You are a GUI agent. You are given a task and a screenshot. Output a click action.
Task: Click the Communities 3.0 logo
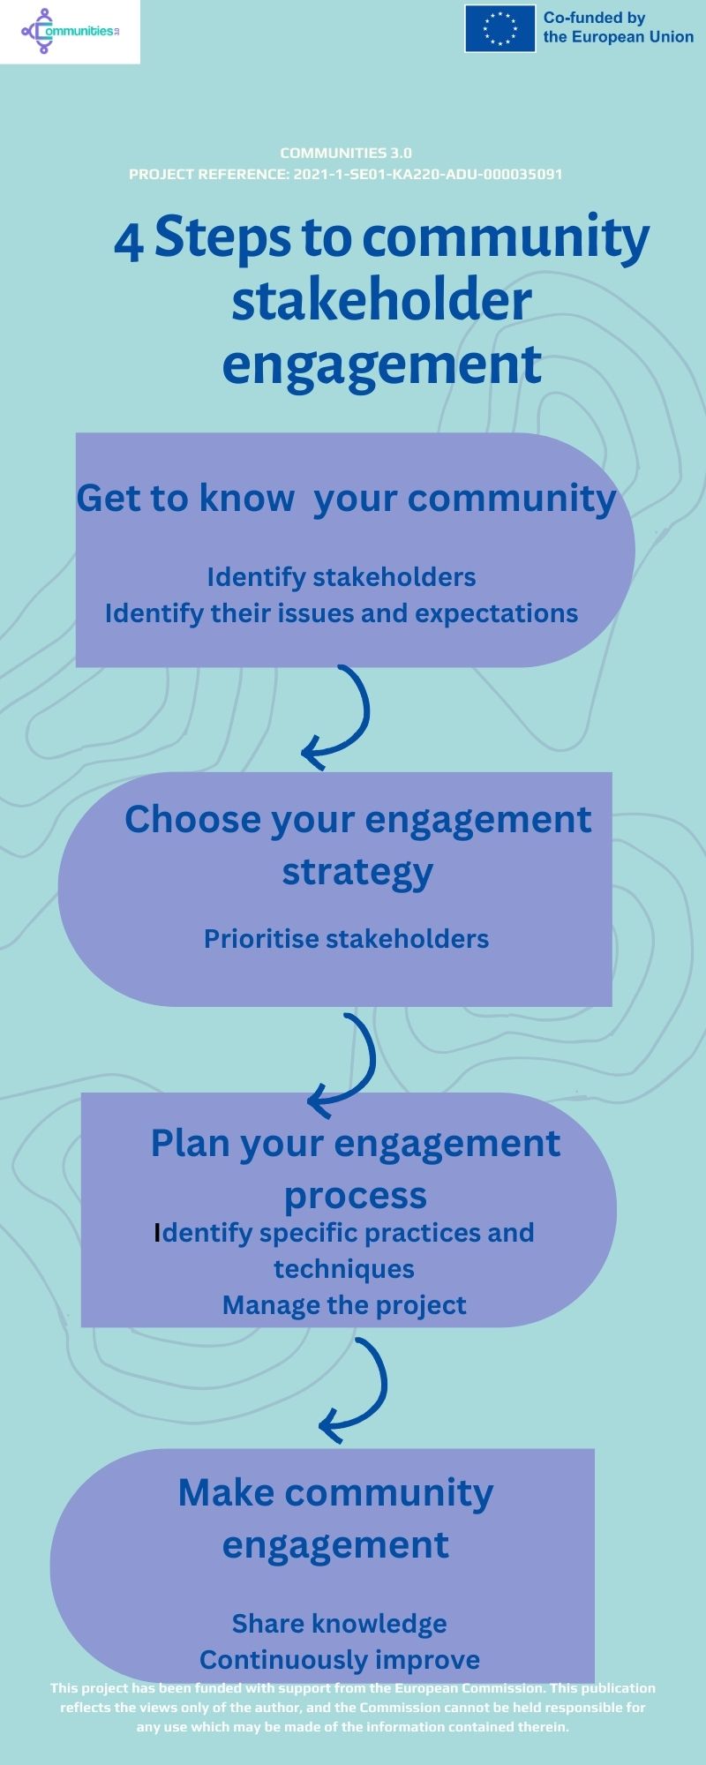pos(70,32)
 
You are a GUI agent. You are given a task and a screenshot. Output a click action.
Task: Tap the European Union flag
pos(500,28)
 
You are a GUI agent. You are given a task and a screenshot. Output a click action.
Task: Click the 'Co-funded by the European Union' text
pos(618,27)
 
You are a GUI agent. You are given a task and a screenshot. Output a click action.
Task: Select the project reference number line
pos(346,174)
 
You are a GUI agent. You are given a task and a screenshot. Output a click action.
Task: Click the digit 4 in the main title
pos(129,243)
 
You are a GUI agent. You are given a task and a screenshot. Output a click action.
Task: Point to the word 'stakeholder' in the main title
pos(381,300)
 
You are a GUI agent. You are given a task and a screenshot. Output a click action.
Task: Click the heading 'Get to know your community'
pos(346,498)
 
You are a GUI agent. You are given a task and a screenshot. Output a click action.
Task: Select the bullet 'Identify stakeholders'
pos(342,577)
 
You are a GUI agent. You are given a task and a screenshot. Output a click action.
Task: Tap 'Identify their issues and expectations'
pos(342,613)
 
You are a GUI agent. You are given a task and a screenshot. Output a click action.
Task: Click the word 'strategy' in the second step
pos(357,871)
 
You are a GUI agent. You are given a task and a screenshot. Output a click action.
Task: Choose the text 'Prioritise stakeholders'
pos(346,938)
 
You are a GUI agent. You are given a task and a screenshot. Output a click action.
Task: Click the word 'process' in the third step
pos(355,1196)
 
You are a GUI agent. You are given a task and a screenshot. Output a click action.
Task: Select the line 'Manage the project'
pos(344,1305)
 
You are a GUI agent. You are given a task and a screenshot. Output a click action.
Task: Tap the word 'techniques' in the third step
pos(344,1269)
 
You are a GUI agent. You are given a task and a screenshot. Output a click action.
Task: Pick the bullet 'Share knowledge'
pos(340,1624)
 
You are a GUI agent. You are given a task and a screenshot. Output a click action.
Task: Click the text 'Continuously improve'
pos(340,1660)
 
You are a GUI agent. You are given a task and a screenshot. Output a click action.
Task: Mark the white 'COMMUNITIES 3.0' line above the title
pos(346,153)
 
